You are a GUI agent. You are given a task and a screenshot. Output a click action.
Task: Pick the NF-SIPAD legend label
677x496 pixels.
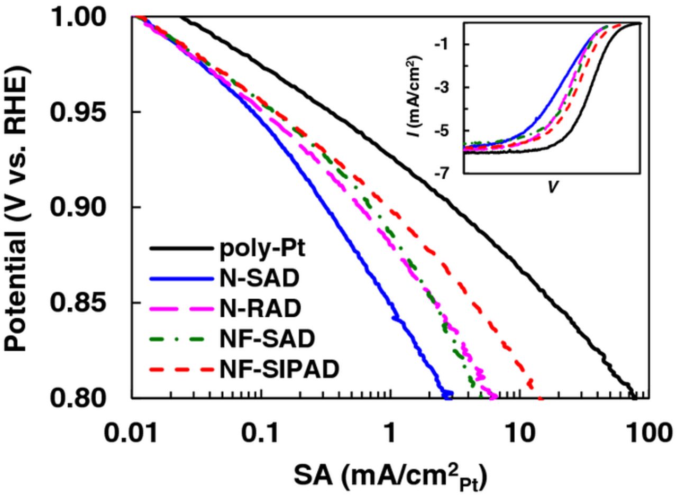278,369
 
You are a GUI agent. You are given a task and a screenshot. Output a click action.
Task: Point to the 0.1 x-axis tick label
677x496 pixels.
261,426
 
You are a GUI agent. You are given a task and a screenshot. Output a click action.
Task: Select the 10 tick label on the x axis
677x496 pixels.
520,426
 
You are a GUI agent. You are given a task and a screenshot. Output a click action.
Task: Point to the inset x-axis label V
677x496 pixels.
552,187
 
